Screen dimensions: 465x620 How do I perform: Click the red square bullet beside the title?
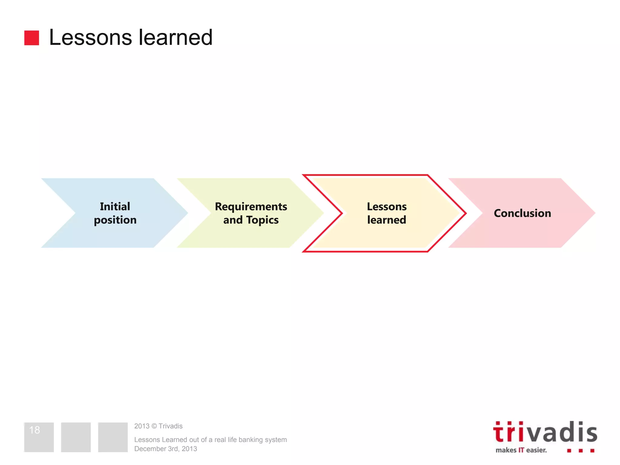click(31, 38)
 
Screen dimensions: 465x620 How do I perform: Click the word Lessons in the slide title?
click(90, 38)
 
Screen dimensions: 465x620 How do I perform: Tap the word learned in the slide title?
click(176, 38)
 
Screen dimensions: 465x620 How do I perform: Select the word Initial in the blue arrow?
click(115, 206)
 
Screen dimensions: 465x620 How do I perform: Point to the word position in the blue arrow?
click(115, 220)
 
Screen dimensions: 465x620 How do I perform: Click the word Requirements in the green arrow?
click(251, 206)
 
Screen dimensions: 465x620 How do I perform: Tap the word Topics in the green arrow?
click(262, 220)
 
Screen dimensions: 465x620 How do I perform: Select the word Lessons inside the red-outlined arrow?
click(387, 206)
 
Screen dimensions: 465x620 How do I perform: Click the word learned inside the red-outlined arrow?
click(387, 220)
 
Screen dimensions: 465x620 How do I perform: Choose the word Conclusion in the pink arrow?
click(522, 213)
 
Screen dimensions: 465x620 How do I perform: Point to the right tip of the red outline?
click(465, 213)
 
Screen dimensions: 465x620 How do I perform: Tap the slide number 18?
click(35, 430)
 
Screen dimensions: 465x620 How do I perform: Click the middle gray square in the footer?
click(76, 437)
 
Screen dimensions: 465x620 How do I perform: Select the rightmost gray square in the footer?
click(113, 437)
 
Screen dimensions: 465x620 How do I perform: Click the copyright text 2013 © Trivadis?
click(158, 426)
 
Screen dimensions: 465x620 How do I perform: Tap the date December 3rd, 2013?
click(166, 449)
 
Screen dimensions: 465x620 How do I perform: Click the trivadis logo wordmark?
click(545, 432)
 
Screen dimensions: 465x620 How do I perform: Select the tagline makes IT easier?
click(521, 450)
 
